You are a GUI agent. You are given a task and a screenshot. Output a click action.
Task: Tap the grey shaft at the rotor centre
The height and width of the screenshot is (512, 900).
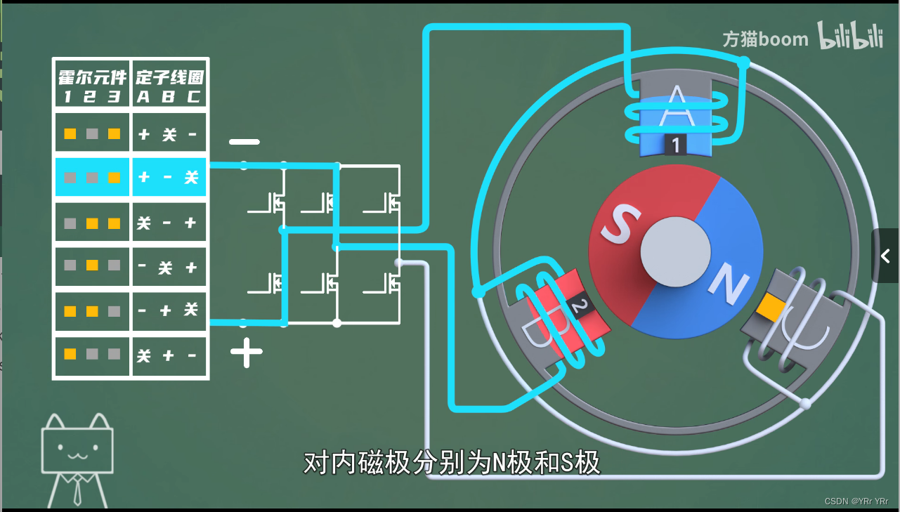(675, 251)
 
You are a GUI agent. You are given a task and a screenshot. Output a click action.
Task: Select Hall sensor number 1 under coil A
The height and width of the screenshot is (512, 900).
(675, 145)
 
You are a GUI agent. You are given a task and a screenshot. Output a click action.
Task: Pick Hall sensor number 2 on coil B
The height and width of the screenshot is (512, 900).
(580, 307)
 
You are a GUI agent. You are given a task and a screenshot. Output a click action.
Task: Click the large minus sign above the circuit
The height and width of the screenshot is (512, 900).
(244, 142)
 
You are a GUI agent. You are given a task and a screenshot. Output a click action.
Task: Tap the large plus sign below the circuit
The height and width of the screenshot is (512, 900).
(246, 353)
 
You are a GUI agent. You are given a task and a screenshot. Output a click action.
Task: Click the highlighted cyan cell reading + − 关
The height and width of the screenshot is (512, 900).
(169, 178)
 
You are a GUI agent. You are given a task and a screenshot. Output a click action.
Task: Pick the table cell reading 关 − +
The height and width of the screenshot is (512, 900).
(169, 223)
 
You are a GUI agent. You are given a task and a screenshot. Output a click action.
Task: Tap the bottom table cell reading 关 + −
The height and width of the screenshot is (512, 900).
(169, 355)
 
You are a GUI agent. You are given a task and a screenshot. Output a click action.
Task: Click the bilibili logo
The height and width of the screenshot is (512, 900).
(849, 36)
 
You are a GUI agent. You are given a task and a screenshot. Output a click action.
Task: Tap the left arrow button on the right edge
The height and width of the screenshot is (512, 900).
(885, 256)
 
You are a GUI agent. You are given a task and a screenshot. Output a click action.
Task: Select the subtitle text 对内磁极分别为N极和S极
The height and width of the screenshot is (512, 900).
(452, 463)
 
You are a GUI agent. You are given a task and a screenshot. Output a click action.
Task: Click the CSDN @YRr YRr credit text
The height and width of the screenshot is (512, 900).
(856, 501)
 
